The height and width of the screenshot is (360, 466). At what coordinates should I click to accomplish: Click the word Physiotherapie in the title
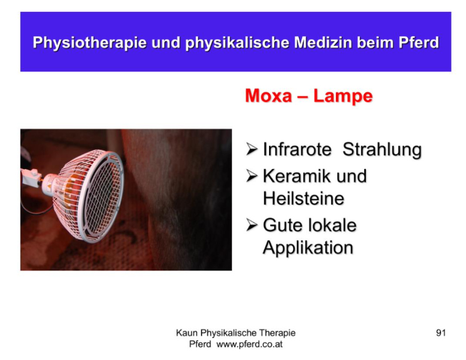pyautogui.click(x=89, y=43)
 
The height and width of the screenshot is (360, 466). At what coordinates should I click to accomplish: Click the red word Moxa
pyautogui.click(x=269, y=96)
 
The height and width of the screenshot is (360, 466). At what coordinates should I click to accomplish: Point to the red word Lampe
pyautogui.click(x=343, y=96)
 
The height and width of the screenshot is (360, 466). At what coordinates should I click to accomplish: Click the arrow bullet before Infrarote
pyautogui.click(x=251, y=149)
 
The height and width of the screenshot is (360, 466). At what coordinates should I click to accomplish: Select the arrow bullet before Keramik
pyautogui.click(x=251, y=175)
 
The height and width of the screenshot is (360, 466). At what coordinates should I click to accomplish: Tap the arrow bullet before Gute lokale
pyautogui.click(x=251, y=225)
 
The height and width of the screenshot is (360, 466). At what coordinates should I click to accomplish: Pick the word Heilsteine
pyautogui.click(x=303, y=198)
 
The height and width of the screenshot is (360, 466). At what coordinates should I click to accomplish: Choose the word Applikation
pyautogui.click(x=308, y=248)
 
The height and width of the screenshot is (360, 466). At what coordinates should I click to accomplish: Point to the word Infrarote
pyautogui.click(x=297, y=149)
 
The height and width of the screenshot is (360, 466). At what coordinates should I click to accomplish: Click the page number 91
pyautogui.click(x=441, y=332)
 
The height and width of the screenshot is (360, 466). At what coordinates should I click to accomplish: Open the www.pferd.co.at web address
pyautogui.click(x=250, y=344)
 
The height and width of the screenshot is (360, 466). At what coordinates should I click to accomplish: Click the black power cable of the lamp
pyautogui.click(x=35, y=208)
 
